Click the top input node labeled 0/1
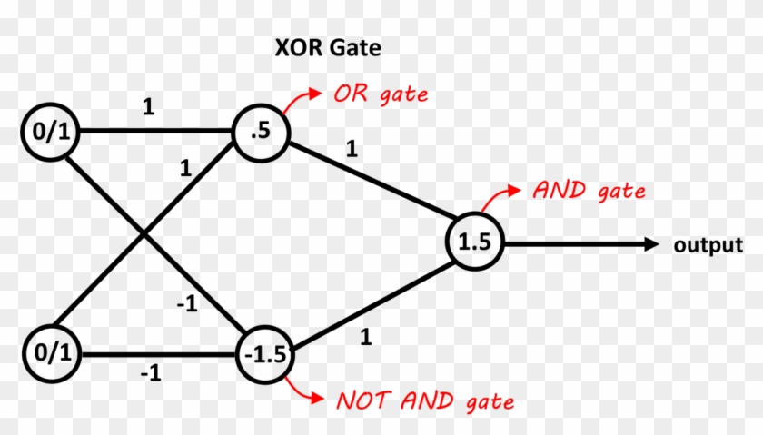[51, 133]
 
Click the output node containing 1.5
[473, 243]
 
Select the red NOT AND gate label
[425, 400]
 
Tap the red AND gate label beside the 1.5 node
[589, 191]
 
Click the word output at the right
[708, 245]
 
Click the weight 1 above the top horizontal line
[147, 107]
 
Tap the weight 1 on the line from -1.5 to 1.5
[366, 337]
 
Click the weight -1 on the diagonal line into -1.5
[187, 304]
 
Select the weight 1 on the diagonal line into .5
[186, 168]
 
